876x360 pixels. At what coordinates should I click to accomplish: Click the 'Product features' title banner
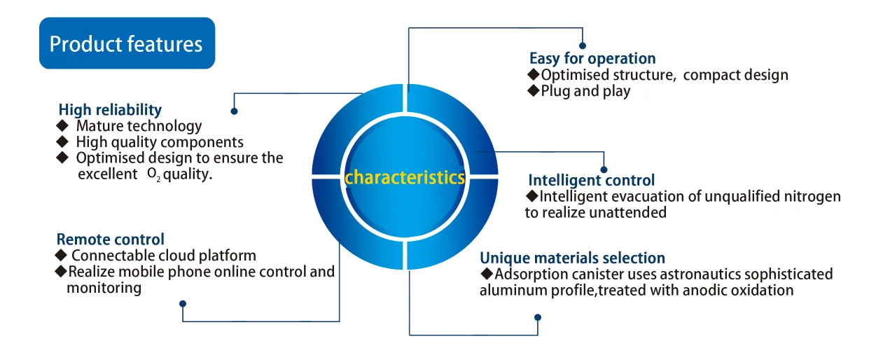tap(126, 44)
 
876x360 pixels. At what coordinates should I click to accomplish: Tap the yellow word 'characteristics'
tap(405, 177)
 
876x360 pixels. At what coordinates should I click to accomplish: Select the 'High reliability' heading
tap(110, 110)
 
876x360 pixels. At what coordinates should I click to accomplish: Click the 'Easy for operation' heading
tap(592, 59)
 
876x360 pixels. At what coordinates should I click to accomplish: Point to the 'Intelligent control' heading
tap(591, 180)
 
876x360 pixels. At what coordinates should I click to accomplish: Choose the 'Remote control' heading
tap(111, 240)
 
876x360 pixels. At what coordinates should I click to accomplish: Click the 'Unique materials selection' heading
tap(572, 258)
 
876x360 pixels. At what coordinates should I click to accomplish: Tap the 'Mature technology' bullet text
tap(139, 127)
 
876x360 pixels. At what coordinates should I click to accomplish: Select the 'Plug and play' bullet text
tap(585, 91)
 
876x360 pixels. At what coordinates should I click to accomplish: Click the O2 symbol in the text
tap(153, 174)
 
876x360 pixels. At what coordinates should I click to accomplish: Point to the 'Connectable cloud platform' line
tap(163, 256)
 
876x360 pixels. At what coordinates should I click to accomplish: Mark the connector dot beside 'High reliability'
tap(234, 111)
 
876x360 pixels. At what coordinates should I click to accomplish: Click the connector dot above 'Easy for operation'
tap(583, 46)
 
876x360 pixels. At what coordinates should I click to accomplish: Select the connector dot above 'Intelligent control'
tap(604, 168)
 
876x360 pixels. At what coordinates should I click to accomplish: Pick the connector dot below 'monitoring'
tap(183, 304)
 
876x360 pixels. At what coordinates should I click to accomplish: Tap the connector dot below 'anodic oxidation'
tap(537, 317)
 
